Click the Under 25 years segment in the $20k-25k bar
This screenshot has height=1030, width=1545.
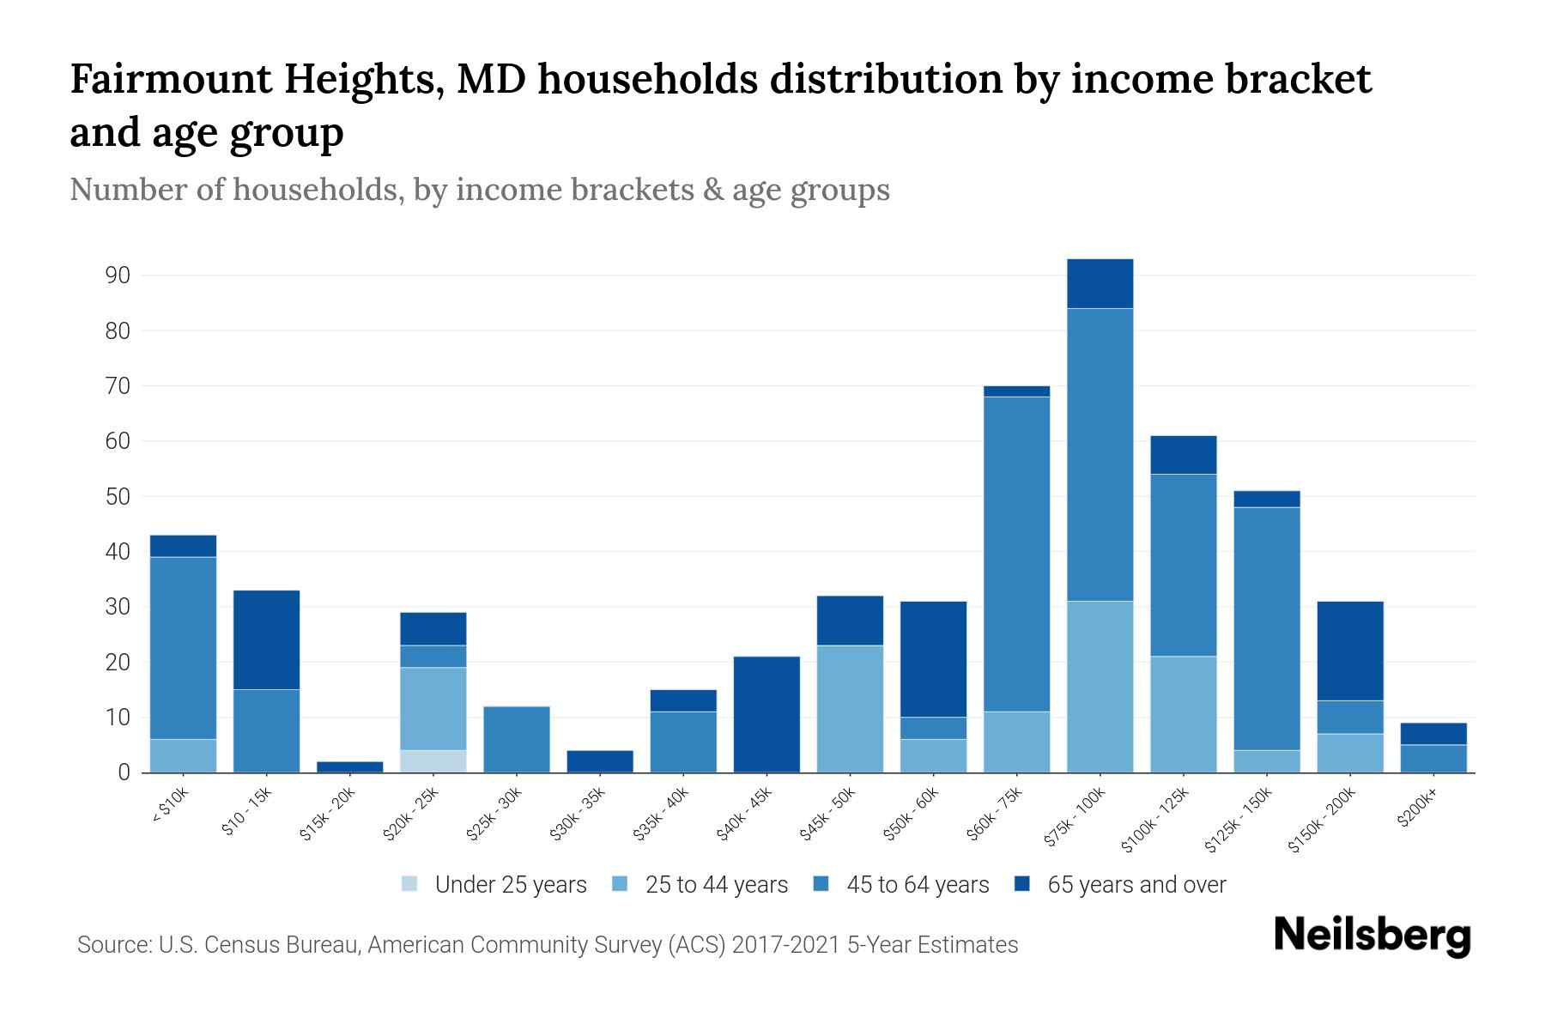point(433,761)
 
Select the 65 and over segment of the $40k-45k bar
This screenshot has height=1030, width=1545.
point(766,714)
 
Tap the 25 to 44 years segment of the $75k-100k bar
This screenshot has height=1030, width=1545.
point(1100,687)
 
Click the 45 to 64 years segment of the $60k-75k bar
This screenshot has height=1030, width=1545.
point(1016,554)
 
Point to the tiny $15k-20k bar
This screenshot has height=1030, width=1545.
point(349,766)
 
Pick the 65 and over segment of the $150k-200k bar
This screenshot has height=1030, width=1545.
point(1349,651)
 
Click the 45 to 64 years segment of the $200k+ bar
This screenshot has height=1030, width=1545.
point(1433,759)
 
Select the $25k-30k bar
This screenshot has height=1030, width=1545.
point(516,739)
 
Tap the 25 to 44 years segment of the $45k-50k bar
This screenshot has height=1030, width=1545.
point(850,709)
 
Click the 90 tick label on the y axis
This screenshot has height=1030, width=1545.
point(118,276)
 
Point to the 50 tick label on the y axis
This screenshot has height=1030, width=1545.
point(118,497)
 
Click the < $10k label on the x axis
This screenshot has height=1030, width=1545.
point(171,805)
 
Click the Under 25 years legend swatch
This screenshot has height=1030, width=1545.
point(410,884)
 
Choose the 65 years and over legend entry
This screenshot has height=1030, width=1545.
point(1136,885)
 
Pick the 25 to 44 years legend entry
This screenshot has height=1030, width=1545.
point(716,885)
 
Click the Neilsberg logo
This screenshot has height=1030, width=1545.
point(1372,935)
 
